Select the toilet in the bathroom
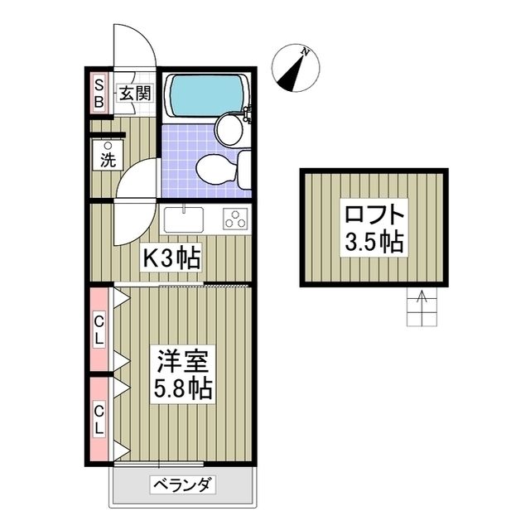click(x=214, y=168)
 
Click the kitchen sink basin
click(x=184, y=220)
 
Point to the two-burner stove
click(x=235, y=219)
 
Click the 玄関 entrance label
click(x=132, y=93)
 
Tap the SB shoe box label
click(x=98, y=93)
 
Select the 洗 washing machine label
click(x=108, y=161)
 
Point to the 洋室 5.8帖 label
click(x=185, y=375)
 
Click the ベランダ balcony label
click(x=183, y=485)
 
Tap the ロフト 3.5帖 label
click(x=374, y=227)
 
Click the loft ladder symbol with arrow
click(x=421, y=308)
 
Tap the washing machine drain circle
click(x=107, y=146)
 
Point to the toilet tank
click(x=244, y=168)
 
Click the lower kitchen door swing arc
click(x=132, y=224)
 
